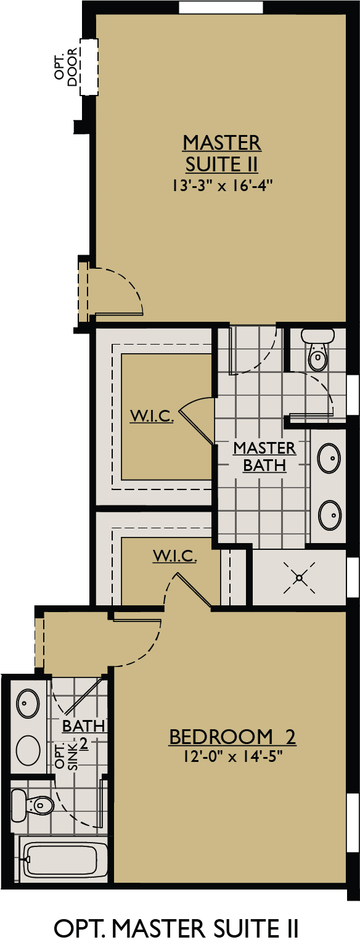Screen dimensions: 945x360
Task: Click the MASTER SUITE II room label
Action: pos(222,153)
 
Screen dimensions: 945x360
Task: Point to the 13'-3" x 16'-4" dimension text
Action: pos(222,186)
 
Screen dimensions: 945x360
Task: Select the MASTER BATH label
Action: pos(264,456)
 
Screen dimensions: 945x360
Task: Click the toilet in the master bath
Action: pos(318,351)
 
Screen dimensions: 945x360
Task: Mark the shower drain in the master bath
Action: pos(299,578)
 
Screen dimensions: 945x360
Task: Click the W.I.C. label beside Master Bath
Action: pos(152,416)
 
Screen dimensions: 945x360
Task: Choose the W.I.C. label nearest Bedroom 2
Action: pos(175,556)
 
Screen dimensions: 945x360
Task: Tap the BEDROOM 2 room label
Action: pos(232,737)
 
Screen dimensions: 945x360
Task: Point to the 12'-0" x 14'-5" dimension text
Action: pos(232,756)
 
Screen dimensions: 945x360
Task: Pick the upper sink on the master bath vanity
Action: pos(329,458)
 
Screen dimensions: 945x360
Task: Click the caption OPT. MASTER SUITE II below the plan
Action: pos(177,927)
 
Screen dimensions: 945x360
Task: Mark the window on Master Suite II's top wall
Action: pos(221,7)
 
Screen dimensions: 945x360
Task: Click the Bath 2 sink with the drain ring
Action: pos(28,702)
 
